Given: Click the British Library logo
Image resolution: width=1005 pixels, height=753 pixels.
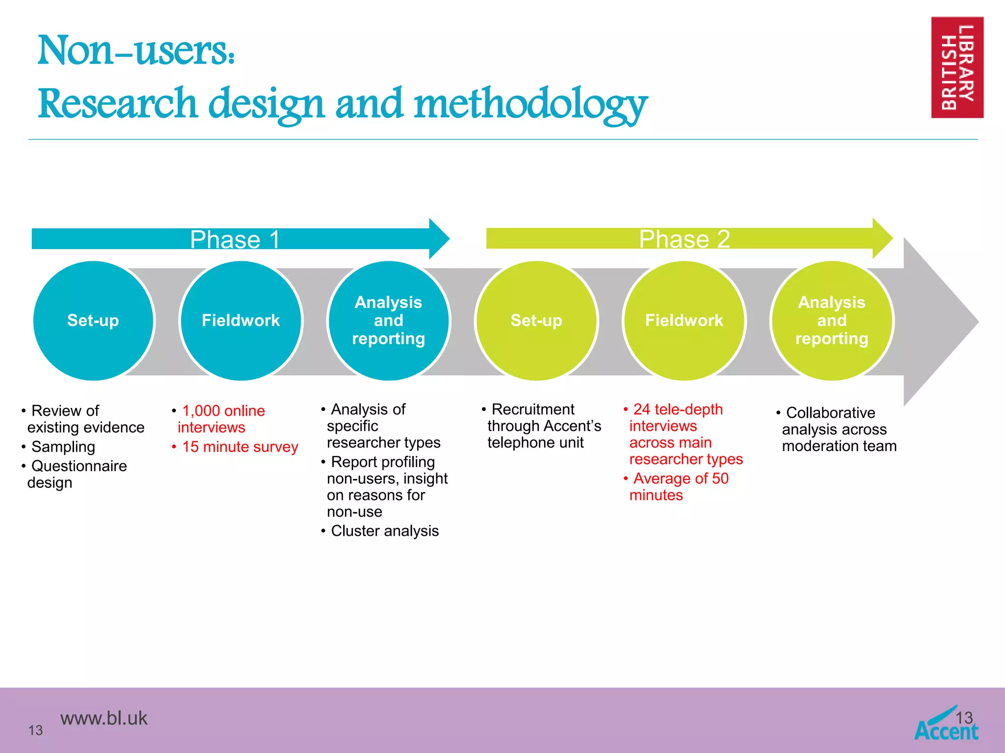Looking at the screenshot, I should [x=957, y=68].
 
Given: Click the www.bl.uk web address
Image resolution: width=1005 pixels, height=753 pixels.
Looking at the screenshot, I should [x=104, y=718].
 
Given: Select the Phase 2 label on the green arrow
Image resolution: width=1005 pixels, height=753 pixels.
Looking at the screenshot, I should [x=684, y=239].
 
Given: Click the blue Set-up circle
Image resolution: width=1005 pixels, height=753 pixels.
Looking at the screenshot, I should [x=93, y=321].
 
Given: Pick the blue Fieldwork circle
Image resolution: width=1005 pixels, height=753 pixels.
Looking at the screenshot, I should [x=241, y=321].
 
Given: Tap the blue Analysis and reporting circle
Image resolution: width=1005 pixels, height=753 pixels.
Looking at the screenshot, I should [x=388, y=321].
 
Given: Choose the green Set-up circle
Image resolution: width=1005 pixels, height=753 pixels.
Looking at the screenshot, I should [x=536, y=321].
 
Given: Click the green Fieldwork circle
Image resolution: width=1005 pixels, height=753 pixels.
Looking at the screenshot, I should [x=684, y=321].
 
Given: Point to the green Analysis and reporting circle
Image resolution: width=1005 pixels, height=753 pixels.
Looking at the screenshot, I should [x=832, y=321].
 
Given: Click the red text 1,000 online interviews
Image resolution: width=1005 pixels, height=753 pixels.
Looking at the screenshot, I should [x=220, y=419].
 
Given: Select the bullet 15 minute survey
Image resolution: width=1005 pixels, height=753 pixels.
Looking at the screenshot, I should [x=239, y=447].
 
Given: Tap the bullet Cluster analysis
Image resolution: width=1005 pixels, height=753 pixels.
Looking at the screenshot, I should [x=384, y=531].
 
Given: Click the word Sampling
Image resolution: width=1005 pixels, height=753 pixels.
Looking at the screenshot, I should [x=63, y=447].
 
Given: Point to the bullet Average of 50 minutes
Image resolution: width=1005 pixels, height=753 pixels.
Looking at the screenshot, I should [x=679, y=486].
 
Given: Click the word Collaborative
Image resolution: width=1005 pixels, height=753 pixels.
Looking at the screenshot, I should [x=830, y=413].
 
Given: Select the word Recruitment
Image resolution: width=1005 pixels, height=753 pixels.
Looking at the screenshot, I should [x=532, y=409].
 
